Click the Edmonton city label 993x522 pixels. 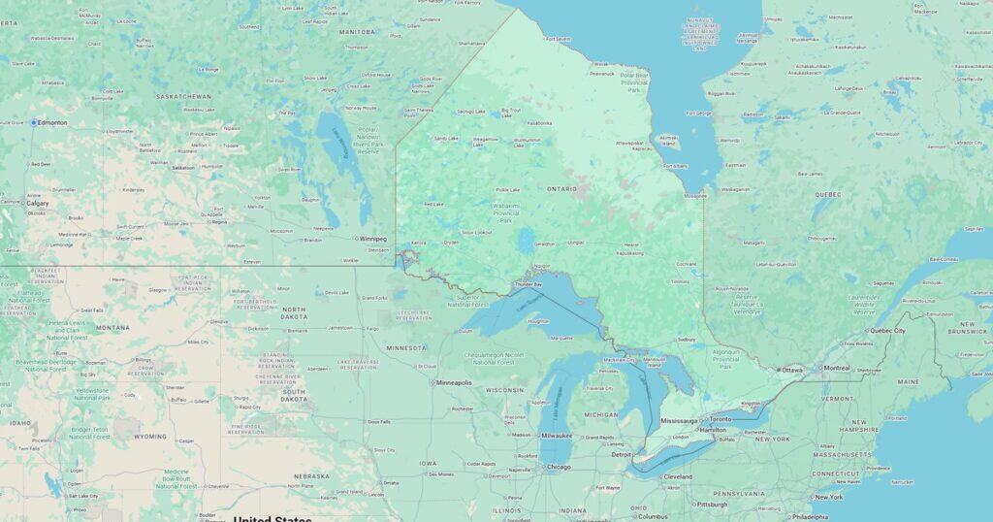coord(52,122)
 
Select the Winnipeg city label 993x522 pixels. coord(372,238)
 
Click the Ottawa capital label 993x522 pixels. coord(792,370)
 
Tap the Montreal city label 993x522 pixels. coord(836,368)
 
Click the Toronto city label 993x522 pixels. coord(720,418)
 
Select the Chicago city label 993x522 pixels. coord(559,467)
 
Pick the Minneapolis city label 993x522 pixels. coord(454,382)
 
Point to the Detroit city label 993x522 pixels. coord(622,454)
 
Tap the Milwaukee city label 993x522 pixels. coord(558,436)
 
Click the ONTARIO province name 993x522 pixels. coord(561,188)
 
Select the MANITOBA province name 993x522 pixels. coord(356,31)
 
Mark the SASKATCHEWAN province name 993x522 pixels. coord(184,97)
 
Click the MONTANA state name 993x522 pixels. coord(112,328)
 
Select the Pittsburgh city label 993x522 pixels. coord(712,505)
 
